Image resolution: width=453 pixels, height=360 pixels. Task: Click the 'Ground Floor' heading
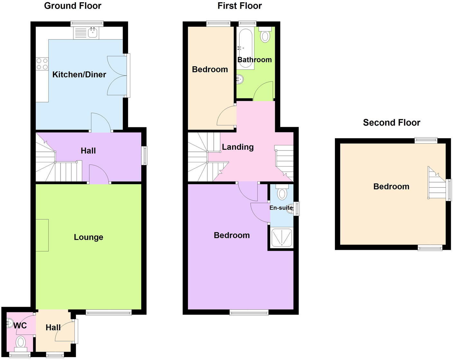[72, 6]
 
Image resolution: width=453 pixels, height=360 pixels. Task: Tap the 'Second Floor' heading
[391, 122]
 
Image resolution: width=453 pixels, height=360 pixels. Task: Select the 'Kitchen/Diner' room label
[79, 75]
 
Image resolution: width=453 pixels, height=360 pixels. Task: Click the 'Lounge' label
[88, 237]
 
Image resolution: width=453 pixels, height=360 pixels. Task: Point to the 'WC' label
[20, 326]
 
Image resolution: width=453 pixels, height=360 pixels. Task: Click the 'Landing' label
[238, 147]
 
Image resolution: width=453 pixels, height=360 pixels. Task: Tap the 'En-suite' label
[281, 208]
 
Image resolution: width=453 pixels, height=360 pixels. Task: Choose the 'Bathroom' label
[254, 60]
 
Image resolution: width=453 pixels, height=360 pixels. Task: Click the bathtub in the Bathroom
[245, 48]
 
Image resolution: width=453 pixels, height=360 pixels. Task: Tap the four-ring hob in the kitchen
[42, 64]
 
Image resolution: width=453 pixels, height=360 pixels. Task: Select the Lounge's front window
[108, 312]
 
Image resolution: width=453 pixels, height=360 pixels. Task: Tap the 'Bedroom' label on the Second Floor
[391, 186]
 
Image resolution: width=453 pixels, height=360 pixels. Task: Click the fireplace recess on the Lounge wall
[42, 235]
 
